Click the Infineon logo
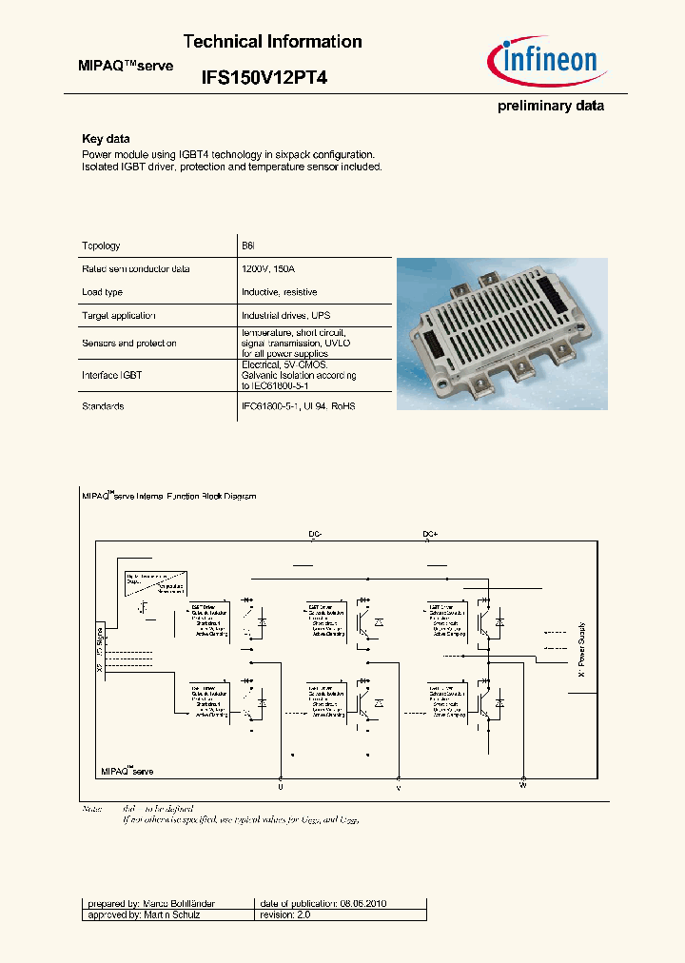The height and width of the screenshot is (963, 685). (x=546, y=63)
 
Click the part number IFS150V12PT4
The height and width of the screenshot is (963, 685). (x=264, y=80)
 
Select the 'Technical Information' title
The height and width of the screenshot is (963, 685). (x=272, y=42)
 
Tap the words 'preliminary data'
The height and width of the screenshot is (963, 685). (x=551, y=106)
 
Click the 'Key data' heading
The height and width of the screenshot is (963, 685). (x=106, y=139)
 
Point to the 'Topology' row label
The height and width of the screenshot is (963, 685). (x=102, y=246)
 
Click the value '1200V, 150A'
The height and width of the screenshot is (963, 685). (x=268, y=269)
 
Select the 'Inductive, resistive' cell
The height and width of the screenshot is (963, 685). (x=280, y=292)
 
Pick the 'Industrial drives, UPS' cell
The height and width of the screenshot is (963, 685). (x=285, y=315)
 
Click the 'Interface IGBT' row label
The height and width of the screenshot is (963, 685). (x=112, y=376)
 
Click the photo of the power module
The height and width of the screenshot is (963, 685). (x=500, y=333)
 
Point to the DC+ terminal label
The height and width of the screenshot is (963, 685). (x=430, y=535)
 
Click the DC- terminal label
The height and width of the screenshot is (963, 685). (x=316, y=535)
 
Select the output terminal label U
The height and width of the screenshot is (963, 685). (x=281, y=788)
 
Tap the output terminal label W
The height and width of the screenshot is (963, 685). (x=522, y=785)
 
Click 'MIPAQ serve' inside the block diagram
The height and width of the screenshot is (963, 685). (x=127, y=771)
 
